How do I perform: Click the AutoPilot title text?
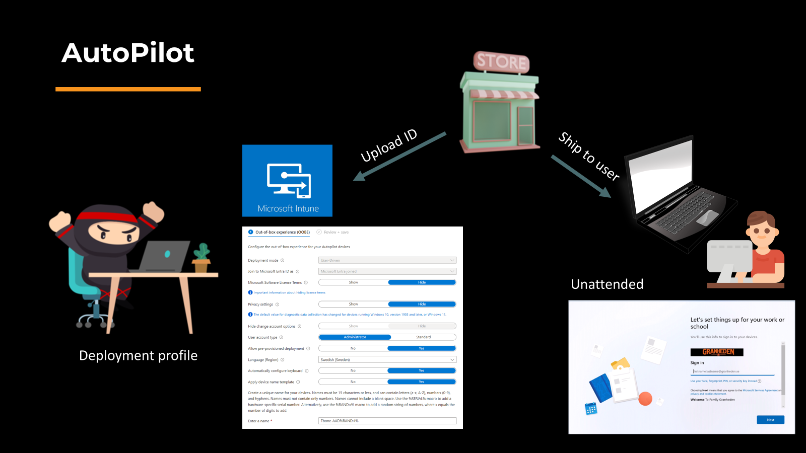128,53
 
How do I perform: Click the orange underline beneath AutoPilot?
128,89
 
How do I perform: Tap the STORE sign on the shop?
501,62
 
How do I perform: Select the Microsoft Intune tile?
287,181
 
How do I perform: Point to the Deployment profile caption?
138,355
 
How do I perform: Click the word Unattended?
607,284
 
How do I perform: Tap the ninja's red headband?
108,217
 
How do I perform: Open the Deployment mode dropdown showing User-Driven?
387,260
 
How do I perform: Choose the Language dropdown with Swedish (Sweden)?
387,359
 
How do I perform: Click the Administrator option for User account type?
355,337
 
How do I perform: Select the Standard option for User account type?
423,337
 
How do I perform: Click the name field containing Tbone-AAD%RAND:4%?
387,421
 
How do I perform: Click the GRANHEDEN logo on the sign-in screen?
717,352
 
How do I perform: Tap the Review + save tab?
335,232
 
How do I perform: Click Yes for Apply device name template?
421,382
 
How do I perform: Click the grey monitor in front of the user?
729,257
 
